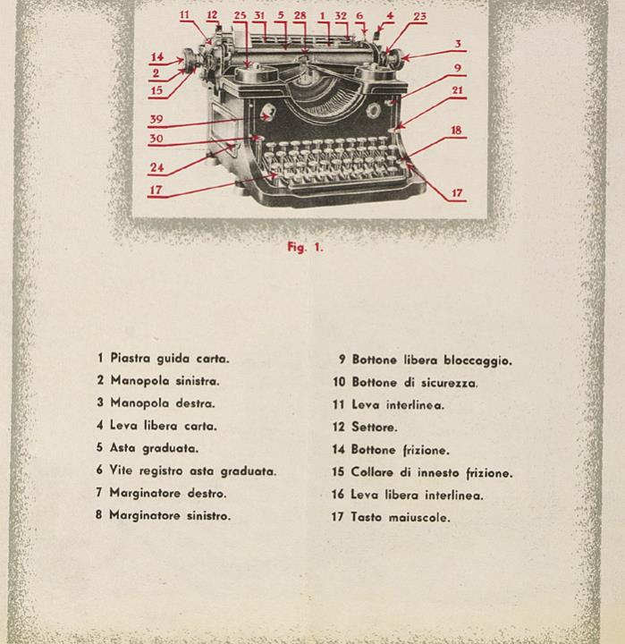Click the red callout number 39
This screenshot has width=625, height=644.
pyautogui.click(x=156, y=120)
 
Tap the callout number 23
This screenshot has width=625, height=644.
pyautogui.click(x=419, y=16)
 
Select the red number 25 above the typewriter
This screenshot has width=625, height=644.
pyautogui.click(x=240, y=15)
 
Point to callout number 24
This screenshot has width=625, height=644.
pyautogui.click(x=156, y=166)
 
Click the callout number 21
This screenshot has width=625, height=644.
pyautogui.click(x=457, y=89)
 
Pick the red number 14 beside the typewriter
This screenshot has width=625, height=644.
pyautogui.click(x=156, y=57)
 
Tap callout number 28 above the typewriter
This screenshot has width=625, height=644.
pyautogui.click(x=300, y=15)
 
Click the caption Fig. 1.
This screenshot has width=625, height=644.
pyautogui.click(x=305, y=248)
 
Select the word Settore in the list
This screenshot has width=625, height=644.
pyautogui.click(x=374, y=428)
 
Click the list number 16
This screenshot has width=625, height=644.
pyautogui.click(x=337, y=495)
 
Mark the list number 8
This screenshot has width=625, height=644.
pyautogui.click(x=100, y=515)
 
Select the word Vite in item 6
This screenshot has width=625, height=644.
pyautogui.click(x=122, y=470)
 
